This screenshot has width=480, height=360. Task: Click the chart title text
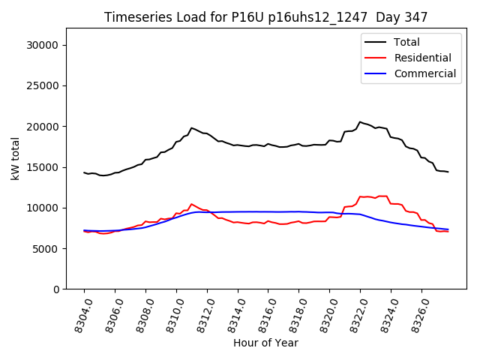tap(265, 17)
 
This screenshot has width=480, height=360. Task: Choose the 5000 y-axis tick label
tap(47, 248)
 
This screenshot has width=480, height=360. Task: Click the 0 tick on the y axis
tap(57, 289)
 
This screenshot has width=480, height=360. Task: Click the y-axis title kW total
tap(15, 158)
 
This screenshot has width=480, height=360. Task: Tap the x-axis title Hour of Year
tap(265, 343)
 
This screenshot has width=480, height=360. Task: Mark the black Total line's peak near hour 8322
tap(360, 121)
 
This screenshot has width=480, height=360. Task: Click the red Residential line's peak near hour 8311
tap(191, 203)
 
